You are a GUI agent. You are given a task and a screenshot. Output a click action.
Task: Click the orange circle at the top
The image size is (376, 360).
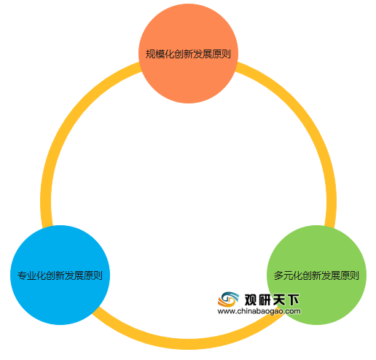(x=188, y=53)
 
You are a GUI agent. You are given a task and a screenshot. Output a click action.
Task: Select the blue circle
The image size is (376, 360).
(x=60, y=275)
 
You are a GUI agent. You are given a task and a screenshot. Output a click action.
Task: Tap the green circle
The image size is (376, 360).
(x=316, y=275)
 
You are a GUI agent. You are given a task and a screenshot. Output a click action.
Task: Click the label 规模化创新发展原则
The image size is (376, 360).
(x=188, y=54)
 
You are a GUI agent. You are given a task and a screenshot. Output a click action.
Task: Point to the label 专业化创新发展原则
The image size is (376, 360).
(x=60, y=275)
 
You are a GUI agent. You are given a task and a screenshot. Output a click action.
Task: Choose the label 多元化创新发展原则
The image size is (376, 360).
(x=316, y=275)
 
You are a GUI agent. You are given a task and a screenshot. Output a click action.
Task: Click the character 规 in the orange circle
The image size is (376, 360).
(x=150, y=54)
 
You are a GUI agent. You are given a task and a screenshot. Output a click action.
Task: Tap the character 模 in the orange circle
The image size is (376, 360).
(x=160, y=54)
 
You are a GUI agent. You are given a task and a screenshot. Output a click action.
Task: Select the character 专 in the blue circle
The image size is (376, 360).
(x=22, y=275)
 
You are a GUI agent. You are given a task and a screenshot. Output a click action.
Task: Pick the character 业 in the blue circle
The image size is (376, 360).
(x=31, y=275)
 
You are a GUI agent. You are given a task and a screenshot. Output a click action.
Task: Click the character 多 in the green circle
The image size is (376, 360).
(x=278, y=275)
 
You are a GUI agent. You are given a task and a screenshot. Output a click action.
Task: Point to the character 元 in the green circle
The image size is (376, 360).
(x=288, y=275)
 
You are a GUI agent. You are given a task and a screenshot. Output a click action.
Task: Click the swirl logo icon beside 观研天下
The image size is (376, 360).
(x=228, y=300)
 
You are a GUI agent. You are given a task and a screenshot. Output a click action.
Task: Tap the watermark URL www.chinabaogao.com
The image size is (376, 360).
(x=259, y=311)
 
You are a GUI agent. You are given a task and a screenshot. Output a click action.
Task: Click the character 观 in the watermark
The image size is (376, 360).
(x=251, y=300)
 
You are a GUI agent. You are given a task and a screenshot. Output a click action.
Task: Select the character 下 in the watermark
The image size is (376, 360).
(x=294, y=300)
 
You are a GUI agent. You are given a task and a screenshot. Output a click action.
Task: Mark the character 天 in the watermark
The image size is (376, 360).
(x=279, y=300)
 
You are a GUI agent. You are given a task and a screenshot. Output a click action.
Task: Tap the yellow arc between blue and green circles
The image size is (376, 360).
(x=188, y=344)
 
